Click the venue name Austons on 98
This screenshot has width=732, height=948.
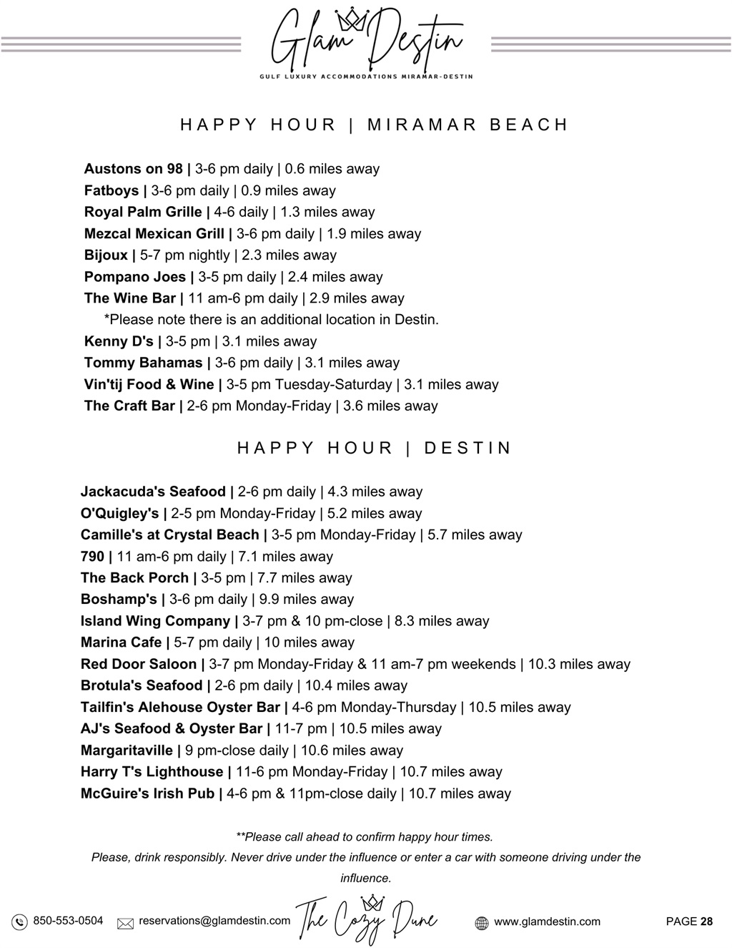(134, 169)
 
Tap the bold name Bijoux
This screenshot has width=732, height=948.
(106, 255)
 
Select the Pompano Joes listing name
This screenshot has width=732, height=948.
(135, 277)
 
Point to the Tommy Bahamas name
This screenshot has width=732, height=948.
(144, 363)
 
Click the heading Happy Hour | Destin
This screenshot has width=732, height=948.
(375, 449)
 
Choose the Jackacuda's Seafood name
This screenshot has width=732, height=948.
(153, 492)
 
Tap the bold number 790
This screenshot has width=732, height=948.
(92, 556)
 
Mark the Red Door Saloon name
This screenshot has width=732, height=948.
(139, 664)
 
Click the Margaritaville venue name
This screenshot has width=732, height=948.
(127, 750)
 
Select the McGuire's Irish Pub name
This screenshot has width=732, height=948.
(147, 793)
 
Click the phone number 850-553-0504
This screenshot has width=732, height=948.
(68, 921)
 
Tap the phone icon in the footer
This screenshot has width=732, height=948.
(20, 922)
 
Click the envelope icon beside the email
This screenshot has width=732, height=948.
(125, 924)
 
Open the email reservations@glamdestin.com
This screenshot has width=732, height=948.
(214, 921)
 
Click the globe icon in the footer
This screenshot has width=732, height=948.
(482, 923)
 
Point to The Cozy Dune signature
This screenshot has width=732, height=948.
(367, 919)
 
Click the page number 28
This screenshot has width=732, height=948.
(706, 922)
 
